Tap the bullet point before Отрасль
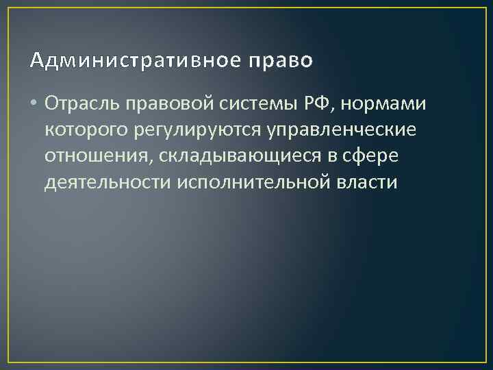[34, 103]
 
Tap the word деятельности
[107, 183]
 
